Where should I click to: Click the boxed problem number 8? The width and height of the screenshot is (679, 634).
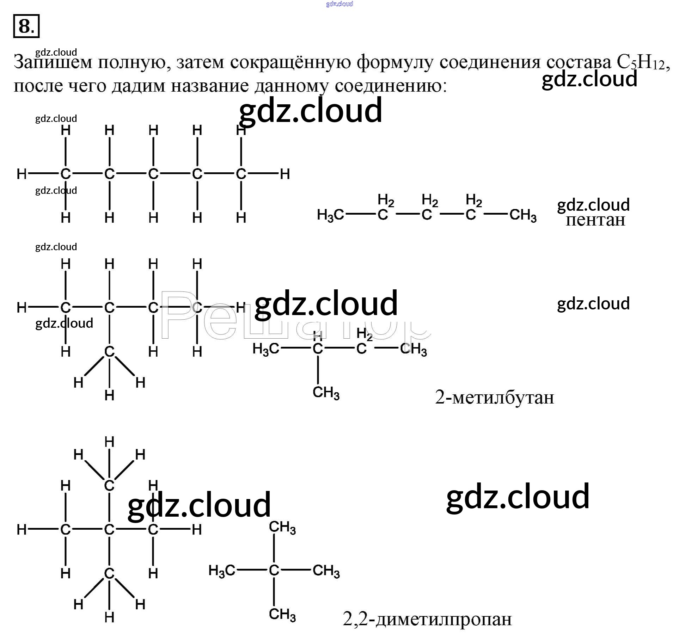click(26, 26)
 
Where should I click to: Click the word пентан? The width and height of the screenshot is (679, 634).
click(595, 220)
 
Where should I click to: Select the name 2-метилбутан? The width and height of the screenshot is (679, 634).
click(494, 398)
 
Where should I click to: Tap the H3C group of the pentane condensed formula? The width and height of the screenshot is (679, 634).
click(330, 215)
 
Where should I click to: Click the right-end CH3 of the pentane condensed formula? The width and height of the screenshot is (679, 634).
click(523, 215)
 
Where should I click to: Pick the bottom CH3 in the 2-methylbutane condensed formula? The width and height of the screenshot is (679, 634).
click(326, 392)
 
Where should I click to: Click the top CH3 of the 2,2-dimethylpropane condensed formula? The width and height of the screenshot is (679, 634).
click(282, 528)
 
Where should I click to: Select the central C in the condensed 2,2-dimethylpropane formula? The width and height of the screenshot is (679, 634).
click(274, 570)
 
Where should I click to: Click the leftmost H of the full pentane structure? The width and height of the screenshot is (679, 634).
click(22, 174)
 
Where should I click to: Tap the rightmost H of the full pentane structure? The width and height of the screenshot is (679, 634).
click(285, 174)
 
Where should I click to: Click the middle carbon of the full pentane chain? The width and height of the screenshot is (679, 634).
click(153, 174)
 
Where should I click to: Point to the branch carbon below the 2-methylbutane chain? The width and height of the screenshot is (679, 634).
click(109, 351)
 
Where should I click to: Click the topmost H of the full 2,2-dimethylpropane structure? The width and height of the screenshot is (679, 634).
click(109, 442)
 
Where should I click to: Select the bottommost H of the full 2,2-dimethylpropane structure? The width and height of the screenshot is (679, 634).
click(109, 617)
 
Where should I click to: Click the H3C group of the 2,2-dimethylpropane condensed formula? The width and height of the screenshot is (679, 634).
click(221, 570)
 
